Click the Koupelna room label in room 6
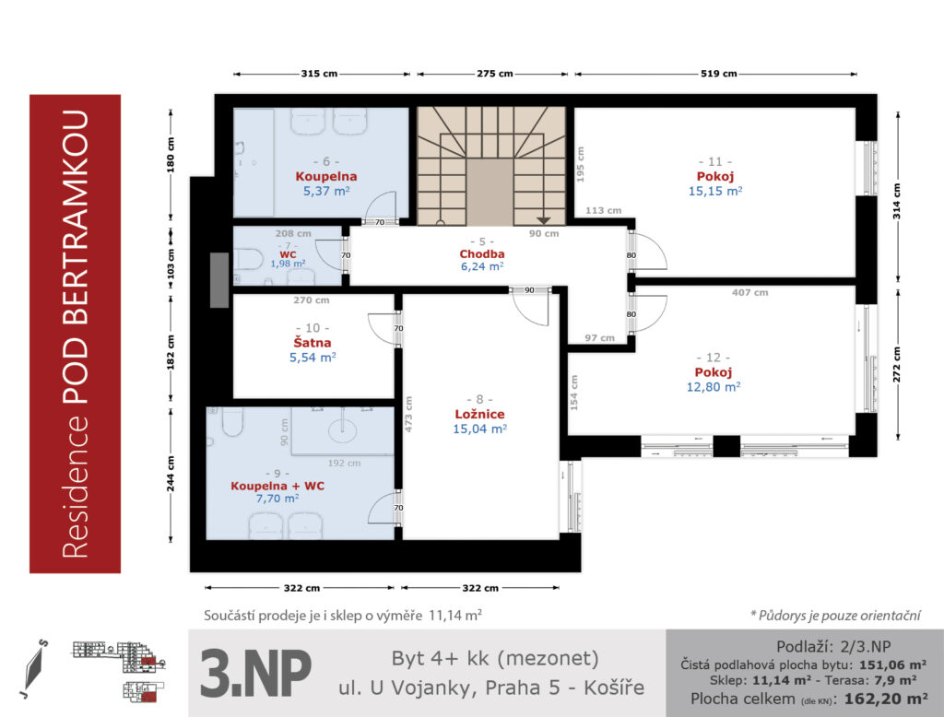pos(325,176)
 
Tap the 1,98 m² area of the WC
pos(288,264)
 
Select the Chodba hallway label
pos(481,254)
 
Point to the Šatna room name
pos(312,342)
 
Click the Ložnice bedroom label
pos(479,414)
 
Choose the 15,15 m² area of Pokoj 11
pos(715,191)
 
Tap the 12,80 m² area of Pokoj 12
pos(714,386)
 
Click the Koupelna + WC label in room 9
pos(277,486)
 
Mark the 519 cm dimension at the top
pos(719,74)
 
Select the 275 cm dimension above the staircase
pos(495,74)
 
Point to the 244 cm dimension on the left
pos(171,473)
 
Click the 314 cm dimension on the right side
pos(897,201)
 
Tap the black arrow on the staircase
pos(544,220)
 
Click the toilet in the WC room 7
pos(247,260)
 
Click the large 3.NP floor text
pos(255,673)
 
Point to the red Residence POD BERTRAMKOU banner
pos(76,334)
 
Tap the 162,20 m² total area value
pos(886,699)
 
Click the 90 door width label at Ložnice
pos(529,290)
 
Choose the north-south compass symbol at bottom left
pos(35,668)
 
